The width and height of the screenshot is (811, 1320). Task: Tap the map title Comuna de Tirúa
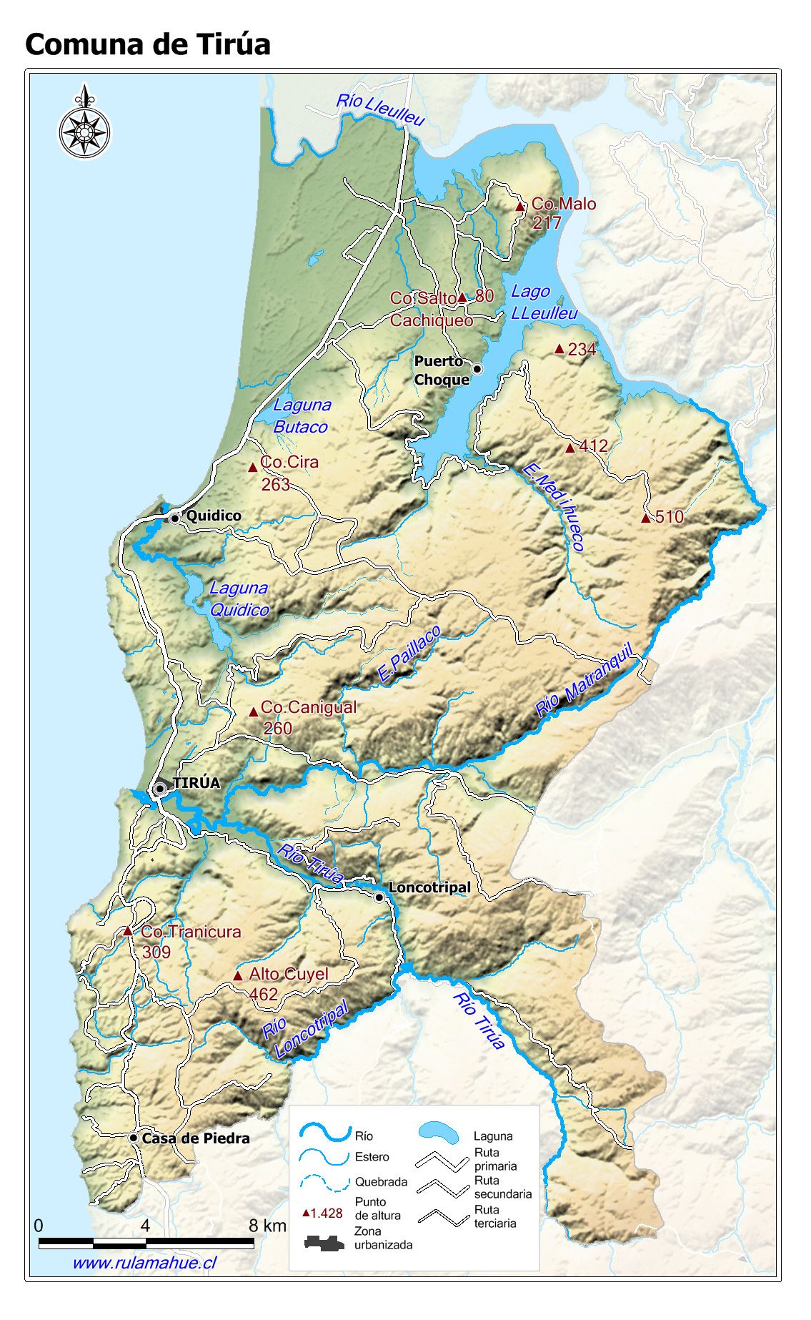pyautogui.click(x=148, y=44)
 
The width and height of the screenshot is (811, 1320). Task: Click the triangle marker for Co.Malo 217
pyautogui.click(x=520, y=207)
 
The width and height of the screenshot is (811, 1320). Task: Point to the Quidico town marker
pyautogui.click(x=174, y=518)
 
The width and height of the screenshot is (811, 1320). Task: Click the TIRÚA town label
pyautogui.click(x=196, y=783)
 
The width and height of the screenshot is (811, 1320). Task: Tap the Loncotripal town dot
pyautogui.click(x=379, y=897)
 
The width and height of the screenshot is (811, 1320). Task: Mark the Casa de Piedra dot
pyautogui.click(x=134, y=1138)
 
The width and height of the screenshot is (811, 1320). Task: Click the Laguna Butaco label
pyautogui.click(x=302, y=416)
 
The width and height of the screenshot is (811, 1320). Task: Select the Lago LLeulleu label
pyautogui.click(x=543, y=302)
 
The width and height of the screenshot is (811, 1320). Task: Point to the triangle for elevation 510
pyautogui.click(x=646, y=518)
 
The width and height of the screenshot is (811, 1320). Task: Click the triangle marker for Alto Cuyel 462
pyautogui.click(x=238, y=976)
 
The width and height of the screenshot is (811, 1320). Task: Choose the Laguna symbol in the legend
pyautogui.click(x=439, y=1131)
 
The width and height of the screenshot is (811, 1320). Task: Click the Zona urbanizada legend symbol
pyautogui.click(x=324, y=1243)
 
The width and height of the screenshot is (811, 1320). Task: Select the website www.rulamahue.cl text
pyautogui.click(x=144, y=1263)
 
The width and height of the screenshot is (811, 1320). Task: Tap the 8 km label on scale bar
pyautogui.click(x=267, y=1226)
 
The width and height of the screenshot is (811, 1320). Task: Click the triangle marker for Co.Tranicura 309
pyautogui.click(x=128, y=932)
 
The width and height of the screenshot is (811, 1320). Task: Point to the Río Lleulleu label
pyautogui.click(x=381, y=109)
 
